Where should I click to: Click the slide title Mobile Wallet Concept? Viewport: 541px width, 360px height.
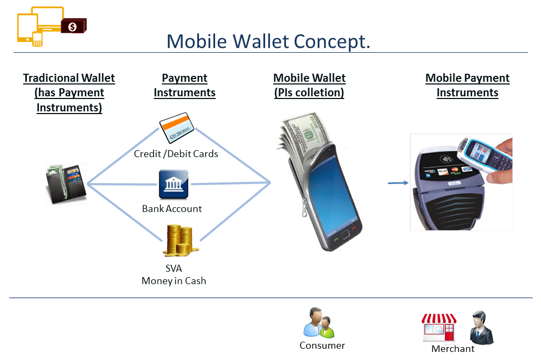pos(268,41)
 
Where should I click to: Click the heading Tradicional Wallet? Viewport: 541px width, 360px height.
pos(69,79)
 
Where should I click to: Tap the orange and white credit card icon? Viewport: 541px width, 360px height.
pos(176,127)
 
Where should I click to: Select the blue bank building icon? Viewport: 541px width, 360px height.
pos(173,185)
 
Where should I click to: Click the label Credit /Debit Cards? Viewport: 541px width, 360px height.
pos(176,154)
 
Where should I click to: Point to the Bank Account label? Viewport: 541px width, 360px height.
pos(172,209)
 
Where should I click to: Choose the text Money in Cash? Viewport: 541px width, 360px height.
pos(174,281)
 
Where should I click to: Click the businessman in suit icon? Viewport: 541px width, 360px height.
pos(480,328)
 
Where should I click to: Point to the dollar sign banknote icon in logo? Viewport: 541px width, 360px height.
pos(73,26)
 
